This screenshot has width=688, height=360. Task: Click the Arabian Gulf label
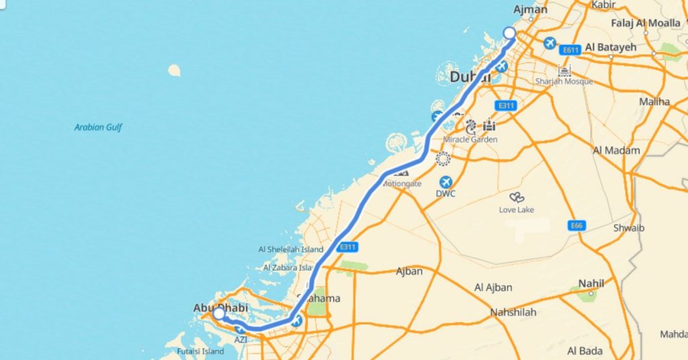click(x=98, y=127)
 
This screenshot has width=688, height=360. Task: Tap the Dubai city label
click(x=470, y=77)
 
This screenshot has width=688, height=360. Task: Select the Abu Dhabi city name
click(x=220, y=308)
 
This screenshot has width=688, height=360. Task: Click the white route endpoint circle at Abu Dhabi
click(x=219, y=314)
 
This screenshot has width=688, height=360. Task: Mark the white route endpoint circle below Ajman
click(x=509, y=33)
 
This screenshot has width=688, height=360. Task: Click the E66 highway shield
click(x=575, y=225)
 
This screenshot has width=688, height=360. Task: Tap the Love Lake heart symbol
click(x=517, y=197)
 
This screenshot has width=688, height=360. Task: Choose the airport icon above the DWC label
click(x=445, y=182)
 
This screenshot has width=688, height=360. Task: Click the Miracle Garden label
click(x=470, y=140)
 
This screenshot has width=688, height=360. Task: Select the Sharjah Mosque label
click(x=564, y=81)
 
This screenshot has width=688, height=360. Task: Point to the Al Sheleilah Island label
click(x=291, y=249)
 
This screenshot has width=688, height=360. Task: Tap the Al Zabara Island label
click(x=289, y=267)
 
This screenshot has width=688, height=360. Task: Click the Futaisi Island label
click(x=200, y=351)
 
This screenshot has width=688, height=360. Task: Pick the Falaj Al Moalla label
click(x=646, y=23)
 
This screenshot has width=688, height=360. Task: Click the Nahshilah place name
click(x=513, y=312)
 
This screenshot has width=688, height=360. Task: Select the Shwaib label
click(x=629, y=228)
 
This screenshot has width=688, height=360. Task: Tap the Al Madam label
click(x=616, y=150)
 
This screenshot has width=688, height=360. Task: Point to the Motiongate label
click(x=402, y=183)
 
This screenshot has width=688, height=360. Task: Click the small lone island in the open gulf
click(x=175, y=70)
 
